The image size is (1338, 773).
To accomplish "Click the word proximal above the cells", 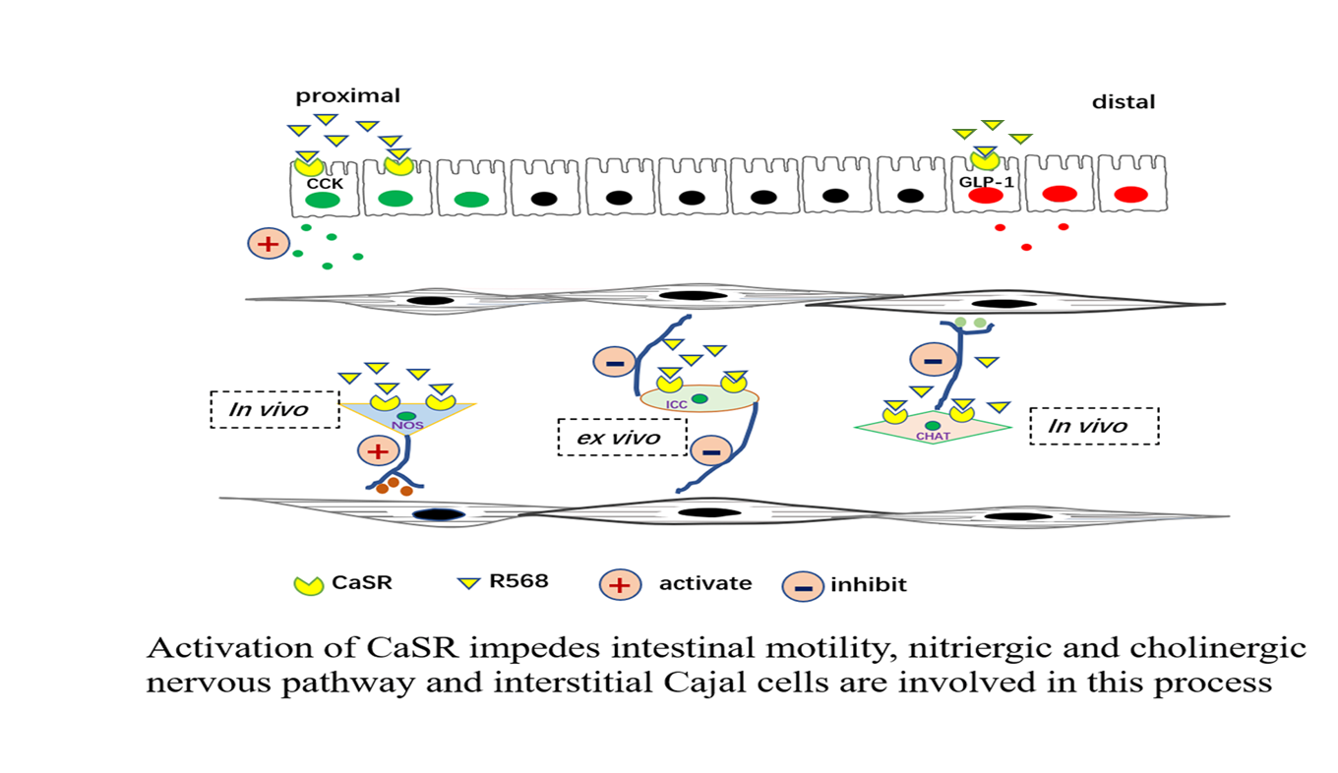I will tap(348, 96).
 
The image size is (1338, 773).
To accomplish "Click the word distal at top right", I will tap(1124, 102).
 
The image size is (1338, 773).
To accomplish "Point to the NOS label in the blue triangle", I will tap(406, 426).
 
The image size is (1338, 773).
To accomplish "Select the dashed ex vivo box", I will tap(621, 438).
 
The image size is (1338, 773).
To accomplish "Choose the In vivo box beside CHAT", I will tap(1094, 427).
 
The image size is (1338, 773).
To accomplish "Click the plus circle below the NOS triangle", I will tap(376, 451).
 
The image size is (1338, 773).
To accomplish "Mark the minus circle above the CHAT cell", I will tap(930, 361).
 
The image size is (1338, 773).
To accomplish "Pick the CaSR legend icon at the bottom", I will tap(309, 583).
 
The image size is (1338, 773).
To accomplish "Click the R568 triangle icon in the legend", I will tap(467, 582).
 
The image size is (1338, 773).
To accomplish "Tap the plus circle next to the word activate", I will tap(618, 584).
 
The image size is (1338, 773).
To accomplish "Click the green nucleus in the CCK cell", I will tap(322, 200).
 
